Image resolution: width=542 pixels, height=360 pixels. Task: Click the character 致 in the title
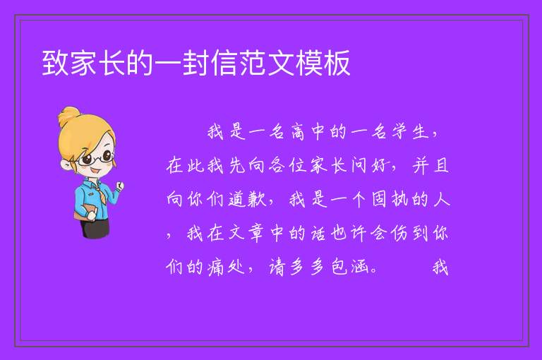56,63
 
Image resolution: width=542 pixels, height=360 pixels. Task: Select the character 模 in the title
309,63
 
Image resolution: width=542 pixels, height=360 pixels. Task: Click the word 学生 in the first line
410,132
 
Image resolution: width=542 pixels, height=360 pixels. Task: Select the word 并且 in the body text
430,165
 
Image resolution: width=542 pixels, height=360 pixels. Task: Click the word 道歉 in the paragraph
247,199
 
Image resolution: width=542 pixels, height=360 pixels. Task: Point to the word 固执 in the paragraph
390,199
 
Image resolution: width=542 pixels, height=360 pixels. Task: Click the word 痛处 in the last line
226,267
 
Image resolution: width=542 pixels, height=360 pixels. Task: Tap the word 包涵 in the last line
349,267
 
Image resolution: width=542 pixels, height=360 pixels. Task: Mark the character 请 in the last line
277,267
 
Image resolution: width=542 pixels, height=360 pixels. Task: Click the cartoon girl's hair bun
69,116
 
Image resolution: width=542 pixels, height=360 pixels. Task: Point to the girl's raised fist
120,186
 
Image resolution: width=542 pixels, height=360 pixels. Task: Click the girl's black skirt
95,228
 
